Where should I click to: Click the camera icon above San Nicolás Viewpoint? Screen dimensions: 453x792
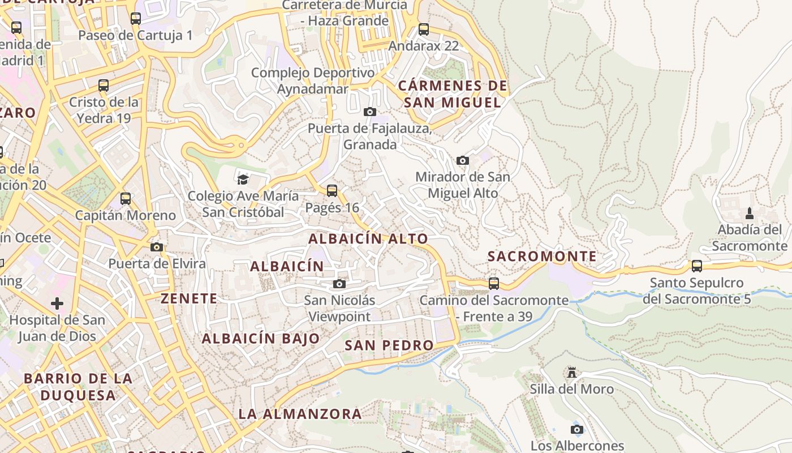339,284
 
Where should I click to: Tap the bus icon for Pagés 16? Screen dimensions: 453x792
332,191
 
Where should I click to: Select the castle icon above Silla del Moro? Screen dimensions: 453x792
572,373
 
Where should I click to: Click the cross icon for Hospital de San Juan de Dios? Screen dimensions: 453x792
57,304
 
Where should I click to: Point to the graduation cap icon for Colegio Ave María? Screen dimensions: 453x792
243,180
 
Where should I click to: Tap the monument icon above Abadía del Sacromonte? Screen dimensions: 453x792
750,213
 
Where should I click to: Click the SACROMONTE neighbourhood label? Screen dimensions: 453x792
542,257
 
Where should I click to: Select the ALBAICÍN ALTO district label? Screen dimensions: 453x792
368,239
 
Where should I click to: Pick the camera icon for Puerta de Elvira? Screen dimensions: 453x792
157,247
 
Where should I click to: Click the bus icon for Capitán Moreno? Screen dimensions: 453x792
126,199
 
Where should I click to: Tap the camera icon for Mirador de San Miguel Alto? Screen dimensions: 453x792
463,160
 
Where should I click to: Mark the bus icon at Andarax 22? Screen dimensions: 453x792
424,29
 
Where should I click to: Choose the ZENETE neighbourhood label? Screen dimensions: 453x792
189,298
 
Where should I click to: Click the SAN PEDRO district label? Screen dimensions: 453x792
389,345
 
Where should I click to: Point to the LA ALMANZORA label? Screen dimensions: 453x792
300,414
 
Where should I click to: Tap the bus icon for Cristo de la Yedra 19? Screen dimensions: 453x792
104,86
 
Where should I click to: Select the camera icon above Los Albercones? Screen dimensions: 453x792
577,429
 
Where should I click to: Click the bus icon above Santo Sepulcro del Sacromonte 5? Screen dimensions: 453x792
697,266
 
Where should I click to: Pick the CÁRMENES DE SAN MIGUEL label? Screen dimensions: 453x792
453,94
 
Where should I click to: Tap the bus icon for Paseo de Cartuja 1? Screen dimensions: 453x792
136,19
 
